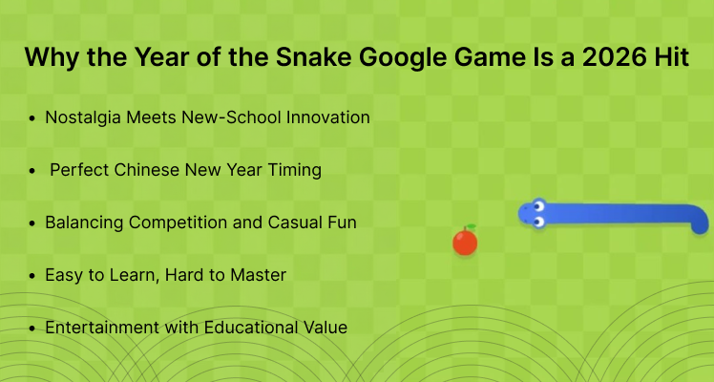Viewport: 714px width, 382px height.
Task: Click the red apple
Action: (465, 243)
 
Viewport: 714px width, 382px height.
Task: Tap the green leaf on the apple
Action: (469, 228)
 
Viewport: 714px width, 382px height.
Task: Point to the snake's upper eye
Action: (537, 204)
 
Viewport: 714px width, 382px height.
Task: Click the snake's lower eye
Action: (537, 222)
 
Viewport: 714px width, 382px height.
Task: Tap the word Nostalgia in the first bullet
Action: (87, 117)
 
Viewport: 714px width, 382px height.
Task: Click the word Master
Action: (256, 275)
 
